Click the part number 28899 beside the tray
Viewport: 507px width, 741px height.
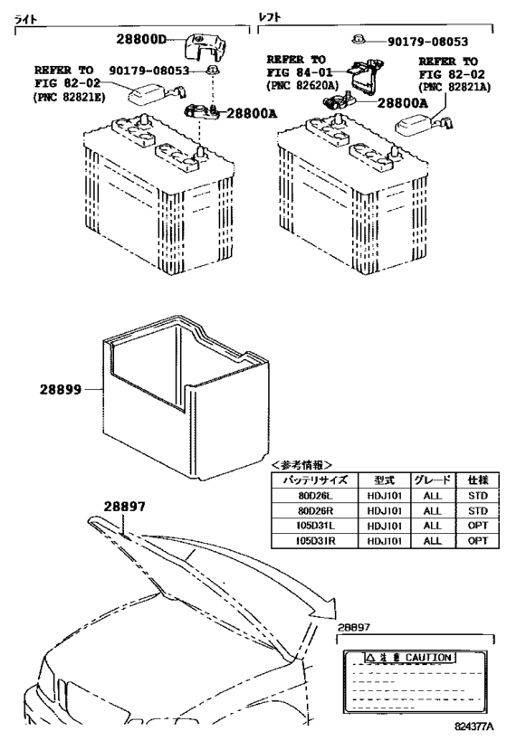61,390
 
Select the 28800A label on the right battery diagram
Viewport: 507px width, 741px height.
402,103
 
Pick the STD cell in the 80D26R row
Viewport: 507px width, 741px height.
476,510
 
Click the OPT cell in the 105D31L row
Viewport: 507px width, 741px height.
476,526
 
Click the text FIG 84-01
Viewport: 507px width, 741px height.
300,73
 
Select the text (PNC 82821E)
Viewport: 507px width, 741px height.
70,95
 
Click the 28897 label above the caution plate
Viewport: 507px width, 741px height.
356,627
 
